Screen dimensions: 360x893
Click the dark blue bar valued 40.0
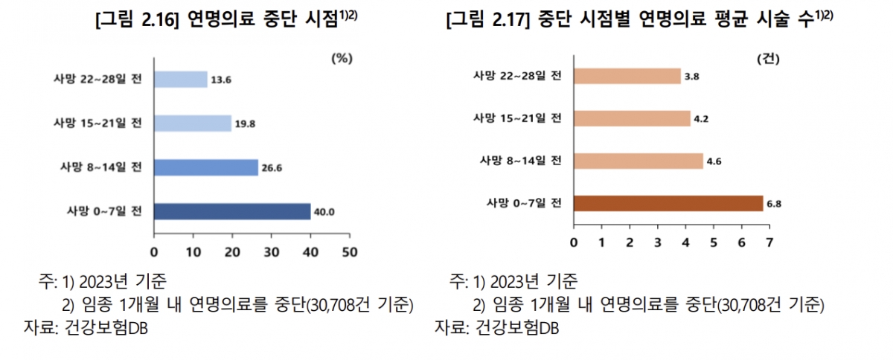pyautogui.click(x=231, y=211)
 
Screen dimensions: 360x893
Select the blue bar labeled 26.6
pyautogui.click(x=205, y=167)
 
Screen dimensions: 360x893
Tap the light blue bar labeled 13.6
pyautogui.click(x=180, y=79)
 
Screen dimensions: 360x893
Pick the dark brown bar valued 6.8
pyautogui.click(x=668, y=203)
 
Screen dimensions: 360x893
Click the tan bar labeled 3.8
pyautogui.click(x=627, y=75)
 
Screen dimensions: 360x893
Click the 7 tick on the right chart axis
pyautogui.click(x=769, y=242)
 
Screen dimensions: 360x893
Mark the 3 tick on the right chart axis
pyautogui.click(x=657, y=242)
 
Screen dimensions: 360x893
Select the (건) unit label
pyautogui.click(x=767, y=58)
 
